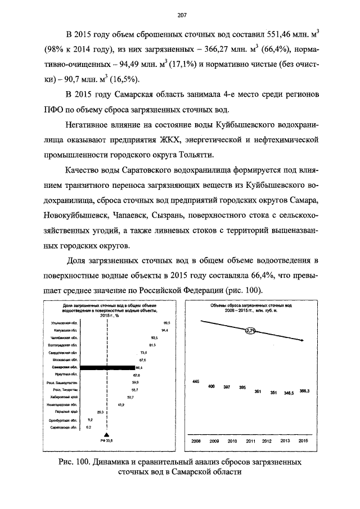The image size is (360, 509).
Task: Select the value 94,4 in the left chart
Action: point(164,330)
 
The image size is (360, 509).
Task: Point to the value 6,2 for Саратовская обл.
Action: point(88,427)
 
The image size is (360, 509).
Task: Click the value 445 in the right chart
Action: point(196,381)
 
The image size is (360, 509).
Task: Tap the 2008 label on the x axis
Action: point(196,440)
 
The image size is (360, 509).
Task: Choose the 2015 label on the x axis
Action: point(303,440)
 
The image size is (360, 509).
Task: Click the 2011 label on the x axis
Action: point(251,440)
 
